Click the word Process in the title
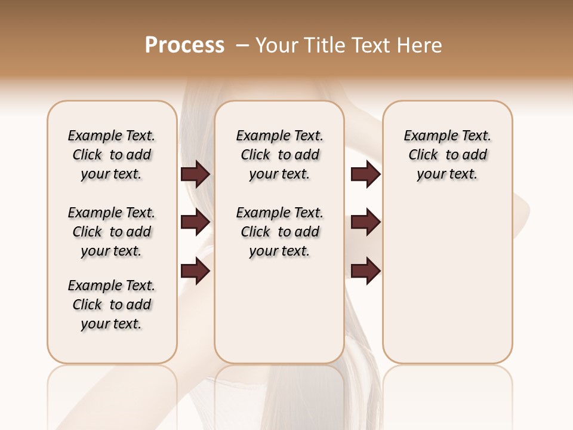point(184,45)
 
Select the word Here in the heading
point(420,45)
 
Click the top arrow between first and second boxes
point(195,174)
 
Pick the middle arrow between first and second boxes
point(195,223)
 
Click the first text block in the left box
point(112,155)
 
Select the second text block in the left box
point(112,232)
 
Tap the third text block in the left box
point(112,305)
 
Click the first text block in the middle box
point(280,155)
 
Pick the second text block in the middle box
point(280,232)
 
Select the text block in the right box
point(448,155)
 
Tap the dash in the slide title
point(242,45)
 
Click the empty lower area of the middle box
point(279,311)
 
